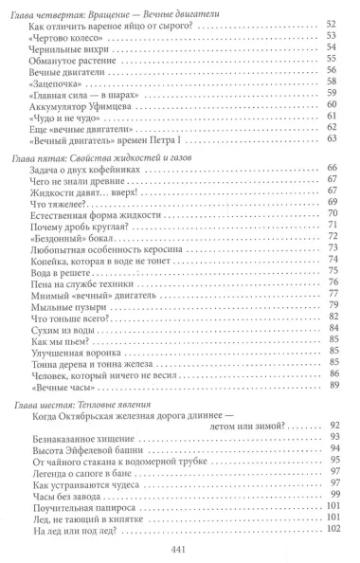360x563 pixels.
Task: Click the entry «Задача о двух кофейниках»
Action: click(91, 200)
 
